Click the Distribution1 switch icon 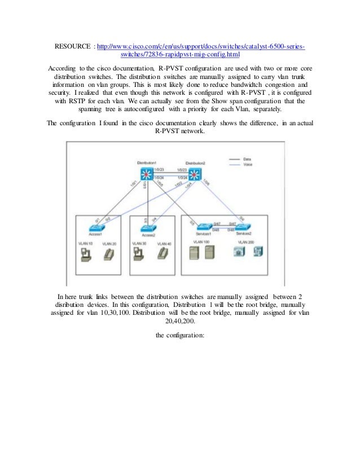point(146,173)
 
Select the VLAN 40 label point(164,243)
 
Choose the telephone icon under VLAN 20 point(110,254)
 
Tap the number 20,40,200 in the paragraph point(180,321)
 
